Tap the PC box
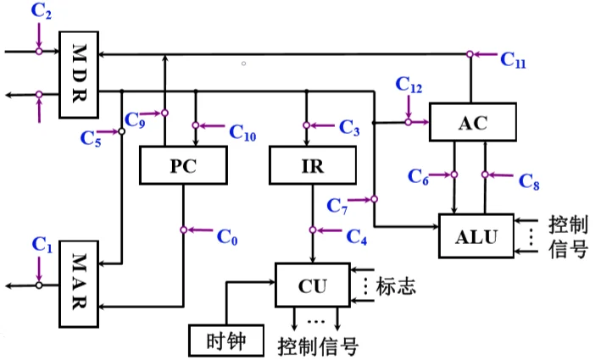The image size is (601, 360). coord(182,165)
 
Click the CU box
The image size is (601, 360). coord(312,285)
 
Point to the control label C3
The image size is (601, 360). coord(349,128)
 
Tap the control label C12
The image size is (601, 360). coord(409,86)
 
